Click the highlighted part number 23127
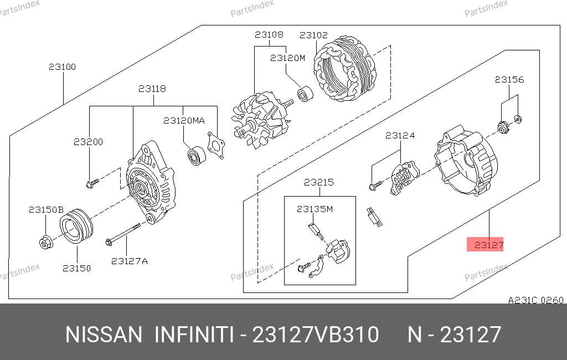coord(488,245)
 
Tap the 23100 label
coord(62,67)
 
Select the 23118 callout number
coord(152,89)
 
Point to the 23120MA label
coord(184,121)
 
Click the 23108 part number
coord(269,35)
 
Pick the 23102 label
coord(313,35)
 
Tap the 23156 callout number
coord(509,80)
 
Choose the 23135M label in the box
coord(315,209)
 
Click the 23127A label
coord(130,261)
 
